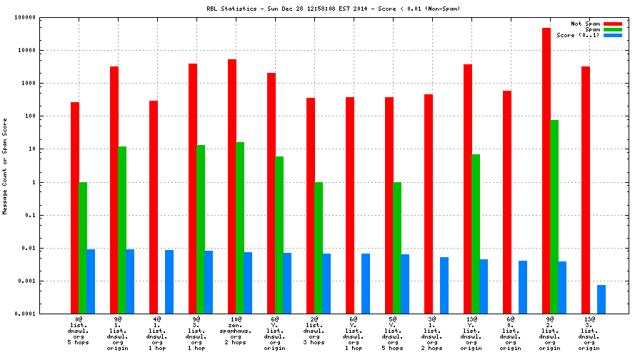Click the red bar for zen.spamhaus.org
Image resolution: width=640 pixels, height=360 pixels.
(x=232, y=186)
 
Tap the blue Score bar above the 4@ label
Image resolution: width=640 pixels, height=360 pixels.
(x=169, y=281)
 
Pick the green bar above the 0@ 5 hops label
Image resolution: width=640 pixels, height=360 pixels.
(x=83, y=247)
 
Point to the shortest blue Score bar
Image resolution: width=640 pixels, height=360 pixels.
(x=601, y=299)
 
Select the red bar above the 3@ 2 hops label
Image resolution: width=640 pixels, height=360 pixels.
(x=429, y=204)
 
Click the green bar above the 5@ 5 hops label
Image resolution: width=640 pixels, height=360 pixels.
(x=397, y=247)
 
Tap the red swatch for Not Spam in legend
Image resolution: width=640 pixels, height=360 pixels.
(x=612, y=24)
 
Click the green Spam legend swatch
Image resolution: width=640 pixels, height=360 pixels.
(x=612, y=29)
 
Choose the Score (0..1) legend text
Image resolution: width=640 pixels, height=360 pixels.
(x=578, y=35)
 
